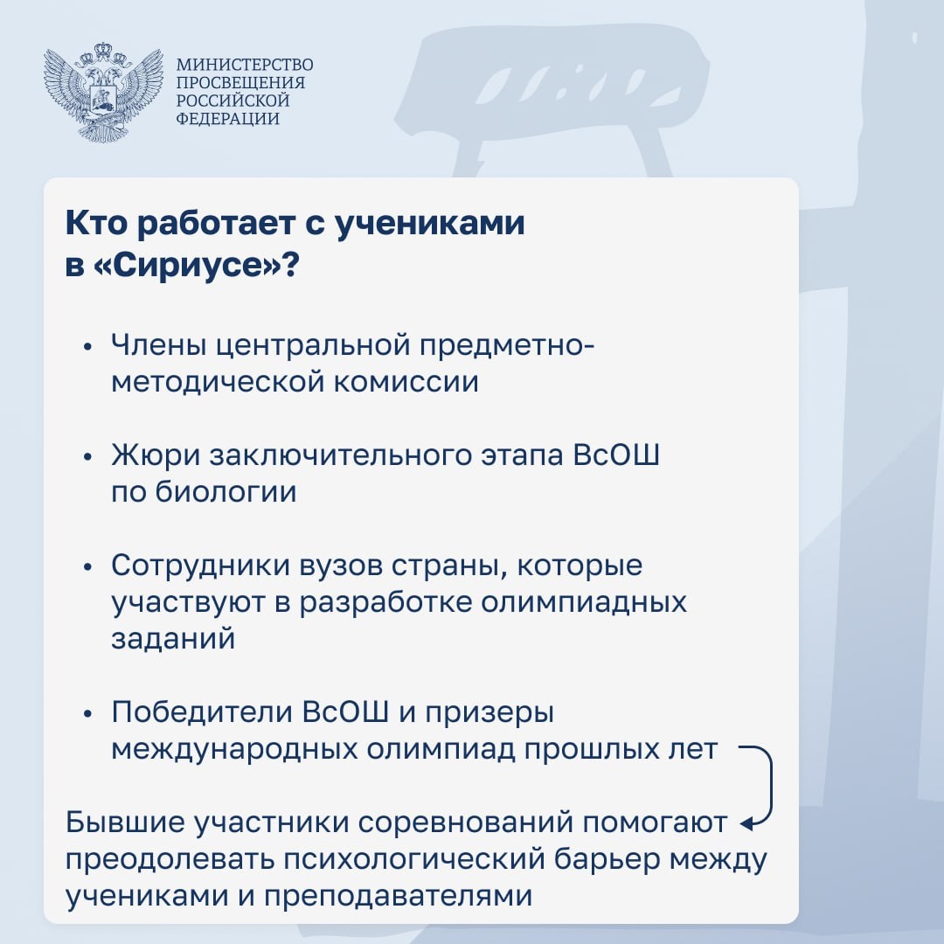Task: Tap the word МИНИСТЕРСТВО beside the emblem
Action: (x=245, y=65)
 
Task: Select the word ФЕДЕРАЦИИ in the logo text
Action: (x=227, y=118)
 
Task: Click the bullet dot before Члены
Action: (x=88, y=347)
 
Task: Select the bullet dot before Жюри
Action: (x=88, y=457)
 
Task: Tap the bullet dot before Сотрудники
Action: (x=88, y=567)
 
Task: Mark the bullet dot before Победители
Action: (x=88, y=713)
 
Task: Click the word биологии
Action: (x=226, y=492)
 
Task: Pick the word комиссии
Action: (x=406, y=382)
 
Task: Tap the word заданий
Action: (x=173, y=639)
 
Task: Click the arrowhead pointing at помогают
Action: (x=746, y=823)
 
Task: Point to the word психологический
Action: (x=414, y=860)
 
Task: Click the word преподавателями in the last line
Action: (x=398, y=897)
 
